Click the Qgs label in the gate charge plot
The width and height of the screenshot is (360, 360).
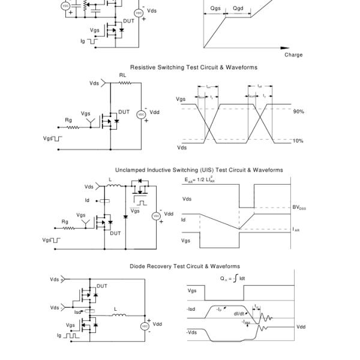tap(215, 9)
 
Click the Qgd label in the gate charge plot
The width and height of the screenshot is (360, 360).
tap(238, 9)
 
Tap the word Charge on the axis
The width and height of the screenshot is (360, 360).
tap(293, 55)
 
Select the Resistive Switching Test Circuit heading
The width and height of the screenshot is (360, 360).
tap(194, 67)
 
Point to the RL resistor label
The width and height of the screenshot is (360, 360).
tap(122, 76)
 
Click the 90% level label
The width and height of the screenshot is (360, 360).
tap(298, 112)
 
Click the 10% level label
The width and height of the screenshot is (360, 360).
tap(298, 141)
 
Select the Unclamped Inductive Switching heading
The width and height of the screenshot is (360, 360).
tap(199, 170)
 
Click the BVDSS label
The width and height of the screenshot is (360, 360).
tap(299, 208)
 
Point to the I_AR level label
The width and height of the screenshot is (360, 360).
tap(296, 229)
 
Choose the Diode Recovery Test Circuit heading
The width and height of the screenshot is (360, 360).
tap(185, 266)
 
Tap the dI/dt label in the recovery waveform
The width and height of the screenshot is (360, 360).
tap(239, 313)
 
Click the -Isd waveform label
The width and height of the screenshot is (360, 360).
tap(191, 310)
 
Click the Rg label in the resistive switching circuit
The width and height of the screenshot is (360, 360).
tap(68, 120)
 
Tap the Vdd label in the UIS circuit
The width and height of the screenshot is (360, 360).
tap(169, 214)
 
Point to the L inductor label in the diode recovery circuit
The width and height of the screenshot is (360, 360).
tap(115, 309)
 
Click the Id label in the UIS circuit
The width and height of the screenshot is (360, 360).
tap(87, 200)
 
